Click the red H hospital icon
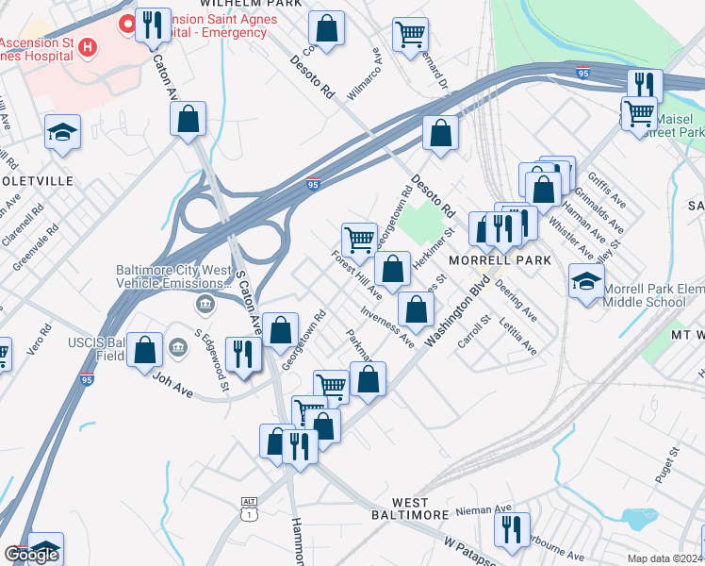click(88, 46)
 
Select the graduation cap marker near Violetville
click(62, 133)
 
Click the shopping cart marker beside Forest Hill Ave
click(359, 240)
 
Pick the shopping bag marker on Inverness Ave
click(416, 308)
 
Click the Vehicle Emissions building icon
click(205, 304)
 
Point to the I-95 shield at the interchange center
click(312, 185)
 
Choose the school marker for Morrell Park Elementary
click(586, 280)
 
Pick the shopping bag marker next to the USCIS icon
click(145, 350)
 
